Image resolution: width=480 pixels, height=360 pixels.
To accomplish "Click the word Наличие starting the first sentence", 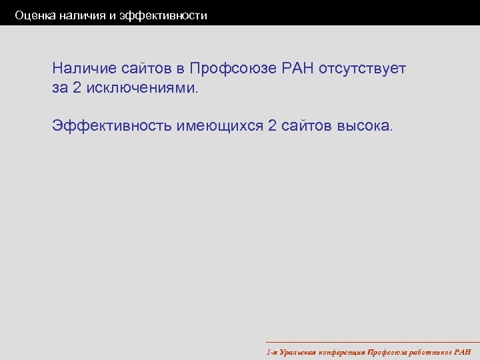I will pyautogui.click(x=85, y=68).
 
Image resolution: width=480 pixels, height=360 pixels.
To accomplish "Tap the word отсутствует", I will pyautogui.click(x=363, y=68).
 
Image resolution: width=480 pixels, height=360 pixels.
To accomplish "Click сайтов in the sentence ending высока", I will pyautogui.click(x=305, y=125).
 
